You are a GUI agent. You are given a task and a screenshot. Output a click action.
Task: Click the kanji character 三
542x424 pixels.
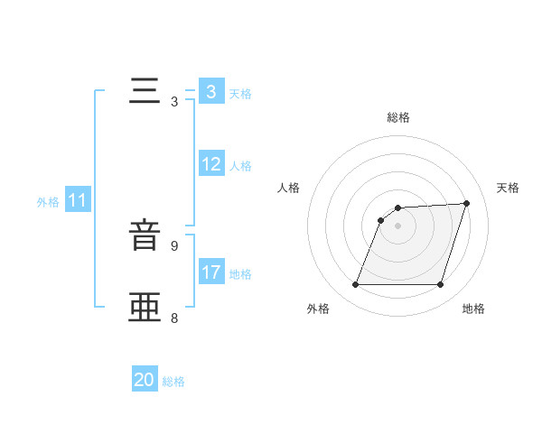146,91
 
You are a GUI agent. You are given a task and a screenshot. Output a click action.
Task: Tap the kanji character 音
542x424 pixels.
146,236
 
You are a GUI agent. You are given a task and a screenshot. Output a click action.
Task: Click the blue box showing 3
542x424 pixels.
210,91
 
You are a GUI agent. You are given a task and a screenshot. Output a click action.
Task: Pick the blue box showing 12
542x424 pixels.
211,164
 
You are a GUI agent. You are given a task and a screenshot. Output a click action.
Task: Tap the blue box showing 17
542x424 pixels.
211,272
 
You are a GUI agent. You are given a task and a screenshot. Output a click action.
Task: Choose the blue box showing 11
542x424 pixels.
77,200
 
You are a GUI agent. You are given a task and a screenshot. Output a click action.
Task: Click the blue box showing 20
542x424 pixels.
145,380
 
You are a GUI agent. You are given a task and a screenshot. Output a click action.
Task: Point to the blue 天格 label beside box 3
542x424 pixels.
240,93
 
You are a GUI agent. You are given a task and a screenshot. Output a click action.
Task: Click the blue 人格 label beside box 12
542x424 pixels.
240,166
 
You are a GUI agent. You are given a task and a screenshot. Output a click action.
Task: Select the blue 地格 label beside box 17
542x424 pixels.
240,274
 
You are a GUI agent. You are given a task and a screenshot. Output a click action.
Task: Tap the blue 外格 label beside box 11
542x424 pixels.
48,202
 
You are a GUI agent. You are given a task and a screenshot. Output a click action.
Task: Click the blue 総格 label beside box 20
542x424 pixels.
173,382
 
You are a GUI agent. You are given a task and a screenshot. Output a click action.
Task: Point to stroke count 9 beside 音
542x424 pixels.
174,245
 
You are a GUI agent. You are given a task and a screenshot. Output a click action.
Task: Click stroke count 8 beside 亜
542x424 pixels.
174,318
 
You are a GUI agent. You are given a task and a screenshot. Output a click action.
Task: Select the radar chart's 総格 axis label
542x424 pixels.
397,117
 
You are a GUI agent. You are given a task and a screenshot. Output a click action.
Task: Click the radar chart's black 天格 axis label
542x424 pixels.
508,188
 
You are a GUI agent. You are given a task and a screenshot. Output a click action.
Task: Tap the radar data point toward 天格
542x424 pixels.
467,203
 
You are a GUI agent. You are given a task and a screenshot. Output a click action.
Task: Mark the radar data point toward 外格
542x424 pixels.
355,285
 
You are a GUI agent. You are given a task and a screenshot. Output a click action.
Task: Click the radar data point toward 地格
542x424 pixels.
441,285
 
